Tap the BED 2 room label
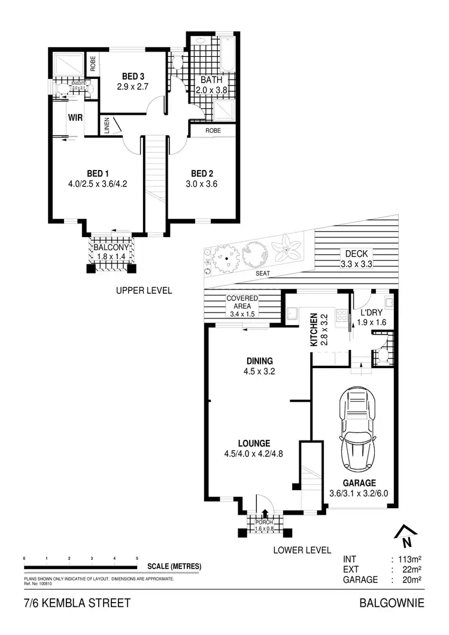[x=201, y=174]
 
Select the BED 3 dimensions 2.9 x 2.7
[x=132, y=86]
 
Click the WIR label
[x=75, y=117]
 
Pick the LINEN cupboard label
[x=107, y=127]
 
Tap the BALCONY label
[x=112, y=248]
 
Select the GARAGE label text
[x=359, y=483]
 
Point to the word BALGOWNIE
[x=392, y=603]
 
